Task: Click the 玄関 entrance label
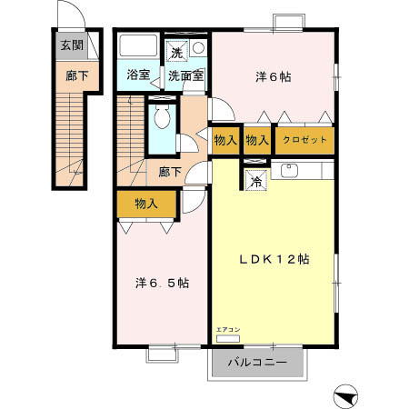[x=71, y=45]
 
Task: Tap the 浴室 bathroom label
[x=138, y=75]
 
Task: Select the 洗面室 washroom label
[x=186, y=75]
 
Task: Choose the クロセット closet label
[x=304, y=140]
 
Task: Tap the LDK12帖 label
[x=274, y=259]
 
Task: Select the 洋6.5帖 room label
[x=163, y=283]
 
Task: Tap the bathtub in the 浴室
[x=138, y=47]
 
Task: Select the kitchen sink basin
[x=290, y=169]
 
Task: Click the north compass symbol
[x=346, y=394]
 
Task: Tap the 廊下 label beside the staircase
[x=170, y=172]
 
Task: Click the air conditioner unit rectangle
[x=227, y=337]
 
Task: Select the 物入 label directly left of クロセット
[x=257, y=140]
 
